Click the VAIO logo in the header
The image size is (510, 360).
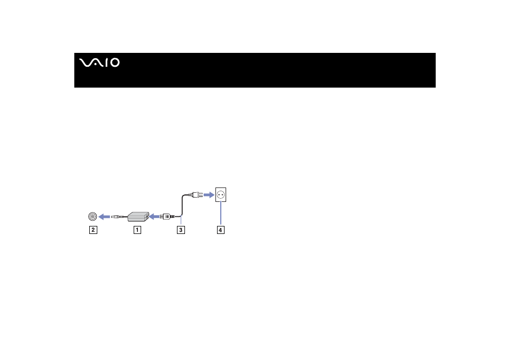[99, 62]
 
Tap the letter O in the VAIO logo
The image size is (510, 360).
[115, 62]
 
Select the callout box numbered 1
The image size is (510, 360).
[137, 230]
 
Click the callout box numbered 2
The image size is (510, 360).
[93, 230]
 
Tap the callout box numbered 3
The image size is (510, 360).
[181, 230]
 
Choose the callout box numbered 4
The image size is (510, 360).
[221, 230]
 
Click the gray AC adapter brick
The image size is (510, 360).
[138, 217]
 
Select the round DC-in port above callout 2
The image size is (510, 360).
[92, 216]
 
